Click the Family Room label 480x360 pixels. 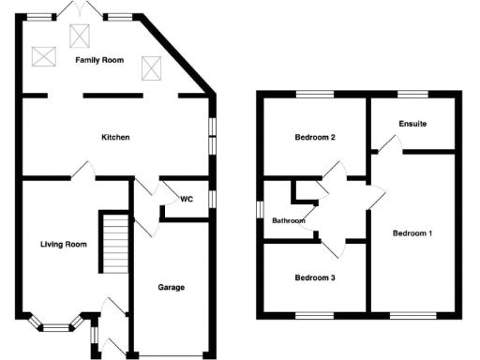click(99, 59)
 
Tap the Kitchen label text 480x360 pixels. click(115, 138)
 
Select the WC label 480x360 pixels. click(187, 199)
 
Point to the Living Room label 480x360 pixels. click(63, 245)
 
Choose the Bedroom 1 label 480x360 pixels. click(412, 232)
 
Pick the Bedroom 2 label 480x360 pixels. click(315, 138)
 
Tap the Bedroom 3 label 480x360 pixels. click(315, 277)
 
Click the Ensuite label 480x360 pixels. click(412, 124)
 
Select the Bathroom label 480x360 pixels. click(289, 221)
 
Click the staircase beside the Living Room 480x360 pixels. click(114, 242)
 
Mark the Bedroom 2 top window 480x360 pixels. click(315, 92)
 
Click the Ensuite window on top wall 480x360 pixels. click(412, 92)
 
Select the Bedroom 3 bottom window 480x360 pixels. click(315, 312)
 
